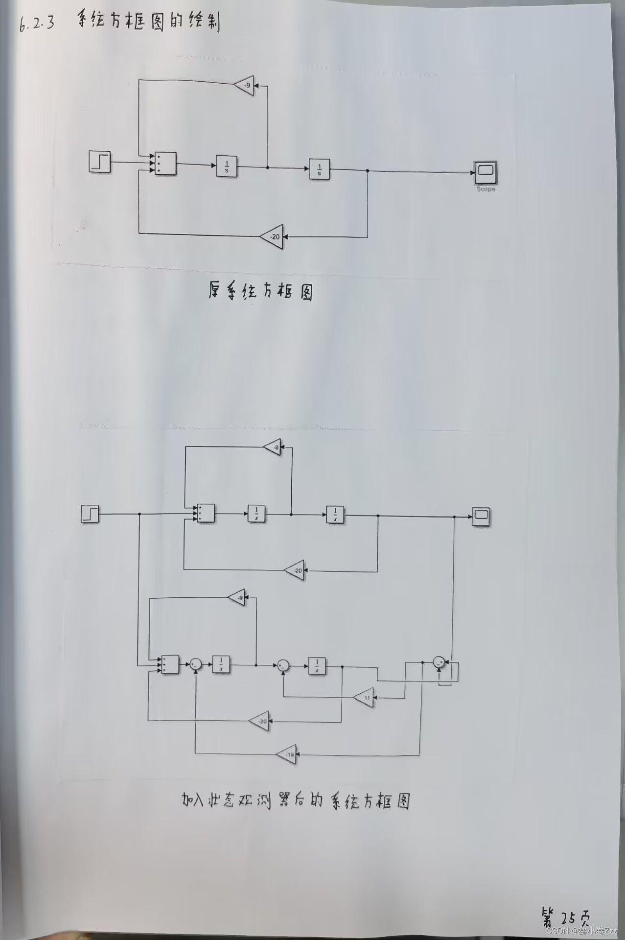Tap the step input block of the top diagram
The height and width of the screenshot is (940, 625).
pyautogui.click(x=99, y=162)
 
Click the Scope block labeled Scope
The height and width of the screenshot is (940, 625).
pyautogui.click(x=485, y=171)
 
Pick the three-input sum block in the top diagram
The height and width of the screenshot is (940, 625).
pyautogui.click(x=165, y=163)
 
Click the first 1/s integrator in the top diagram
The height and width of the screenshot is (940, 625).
pyautogui.click(x=227, y=166)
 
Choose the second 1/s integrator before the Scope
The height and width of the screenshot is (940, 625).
pyautogui.click(x=319, y=169)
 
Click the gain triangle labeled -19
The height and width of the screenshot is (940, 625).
pyautogui.click(x=288, y=754)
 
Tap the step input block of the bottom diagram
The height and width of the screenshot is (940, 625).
pyautogui.click(x=90, y=514)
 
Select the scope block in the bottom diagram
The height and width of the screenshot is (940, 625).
pyautogui.click(x=481, y=516)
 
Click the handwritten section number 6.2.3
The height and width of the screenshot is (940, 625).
pyautogui.click(x=37, y=23)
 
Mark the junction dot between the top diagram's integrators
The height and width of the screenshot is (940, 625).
pyautogui.click(x=267, y=167)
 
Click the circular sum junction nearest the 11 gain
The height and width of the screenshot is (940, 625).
pyautogui.click(x=283, y=665)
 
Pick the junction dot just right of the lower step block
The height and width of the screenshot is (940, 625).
pyautogui.click(x=139, y=514)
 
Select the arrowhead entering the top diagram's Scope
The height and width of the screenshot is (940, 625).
pyautogui.click(x=472, y=172)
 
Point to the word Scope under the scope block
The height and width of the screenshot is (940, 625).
pyautogui.click(x=485, y=189)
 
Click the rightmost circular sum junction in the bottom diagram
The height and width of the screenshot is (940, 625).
pyautogui.click(x=439, y=662)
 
